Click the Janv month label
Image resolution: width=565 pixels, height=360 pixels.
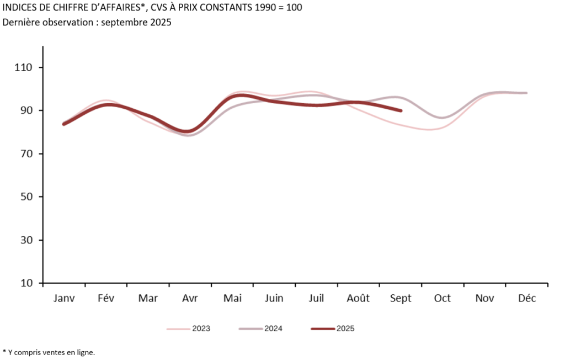(x=64, y=299)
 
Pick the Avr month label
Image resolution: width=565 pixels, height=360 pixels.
(x=190, y=299)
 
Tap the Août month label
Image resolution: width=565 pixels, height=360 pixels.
(x=358, y=299)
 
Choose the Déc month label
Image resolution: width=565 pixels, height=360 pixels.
(x=526, y=299)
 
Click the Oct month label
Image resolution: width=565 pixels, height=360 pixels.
(x=442, y=299)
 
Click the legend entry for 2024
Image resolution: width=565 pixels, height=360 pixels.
(x=273, y=329)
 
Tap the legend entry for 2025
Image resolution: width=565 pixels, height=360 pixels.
(x=345, y=329)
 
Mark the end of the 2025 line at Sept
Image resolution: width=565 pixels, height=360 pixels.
(x=401, y=111)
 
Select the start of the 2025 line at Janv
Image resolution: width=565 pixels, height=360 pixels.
(x=64, y=124)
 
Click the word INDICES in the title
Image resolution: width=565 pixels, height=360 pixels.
(x=20, y=8)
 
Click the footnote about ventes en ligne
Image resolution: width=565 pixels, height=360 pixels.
(x=49, y=352)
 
